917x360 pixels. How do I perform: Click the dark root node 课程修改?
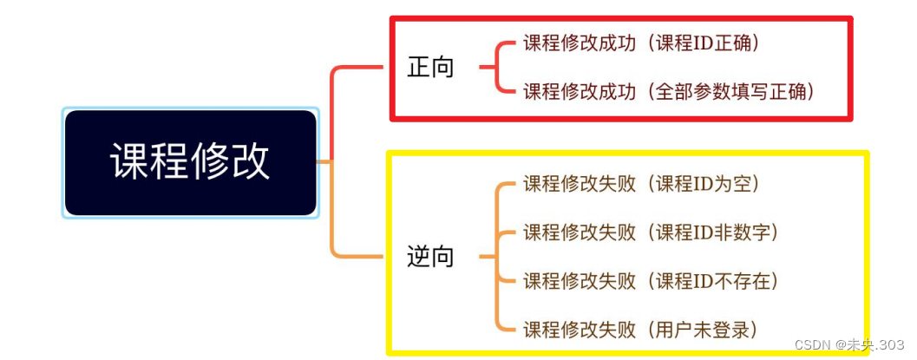click(x=190, y=162)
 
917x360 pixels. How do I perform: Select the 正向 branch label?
click(x=431, y=68)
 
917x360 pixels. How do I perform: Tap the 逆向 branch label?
click(x=431, y=257)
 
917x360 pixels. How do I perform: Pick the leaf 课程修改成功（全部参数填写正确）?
click(x=669, y=92)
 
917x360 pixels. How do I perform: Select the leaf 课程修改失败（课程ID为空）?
click(x=641, y=184)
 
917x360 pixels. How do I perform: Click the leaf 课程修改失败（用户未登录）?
click(x=641, y=330)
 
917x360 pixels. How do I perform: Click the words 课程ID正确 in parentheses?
click(x=708, y=43)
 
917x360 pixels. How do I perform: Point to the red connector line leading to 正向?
click(x=333, y=104)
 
